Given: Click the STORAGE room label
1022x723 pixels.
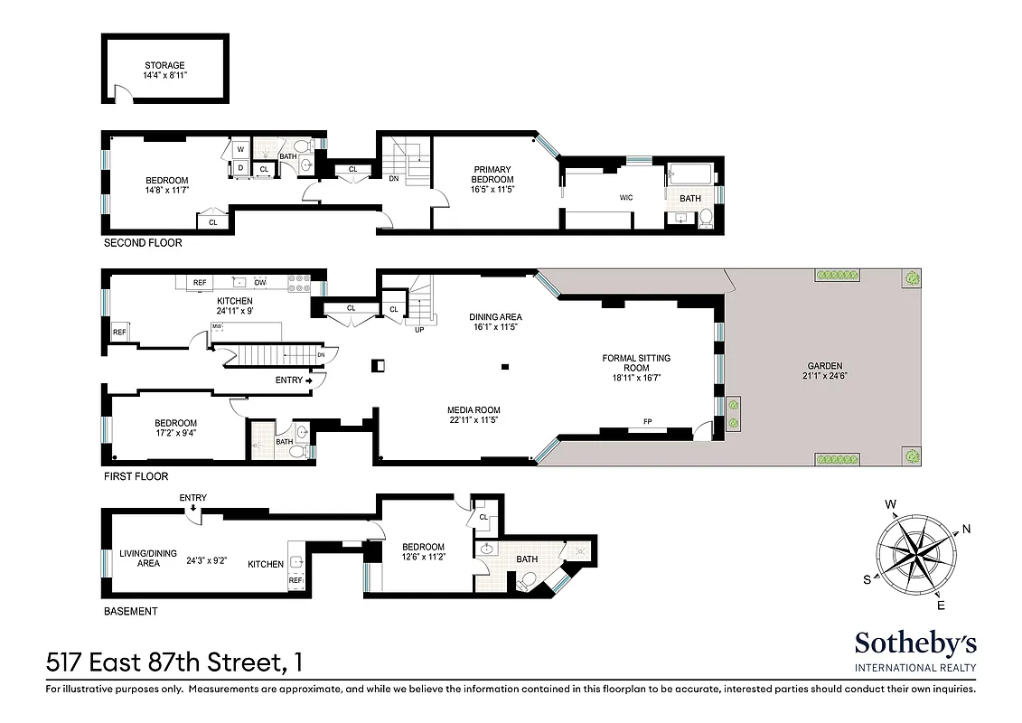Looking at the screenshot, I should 164,66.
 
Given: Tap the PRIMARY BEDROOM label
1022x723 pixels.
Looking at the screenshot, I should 492,174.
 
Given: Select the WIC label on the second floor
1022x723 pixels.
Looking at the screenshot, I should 625,196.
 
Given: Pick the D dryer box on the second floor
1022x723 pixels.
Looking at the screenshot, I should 240,167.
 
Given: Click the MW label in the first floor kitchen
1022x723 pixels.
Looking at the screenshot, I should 217,326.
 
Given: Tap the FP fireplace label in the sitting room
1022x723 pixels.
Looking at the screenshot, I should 647,422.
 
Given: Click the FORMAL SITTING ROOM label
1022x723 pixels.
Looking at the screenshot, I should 636,363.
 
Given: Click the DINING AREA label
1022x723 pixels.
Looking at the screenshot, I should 495,317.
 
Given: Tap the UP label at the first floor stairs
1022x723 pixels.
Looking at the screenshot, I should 419,329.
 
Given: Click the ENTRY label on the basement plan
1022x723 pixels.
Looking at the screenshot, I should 192,498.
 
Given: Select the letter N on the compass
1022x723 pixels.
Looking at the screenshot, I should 966,529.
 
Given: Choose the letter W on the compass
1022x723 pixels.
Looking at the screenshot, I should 890,504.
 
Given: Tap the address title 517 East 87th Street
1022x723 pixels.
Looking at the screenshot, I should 164,663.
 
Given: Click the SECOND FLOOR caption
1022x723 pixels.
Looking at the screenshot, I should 143,243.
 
